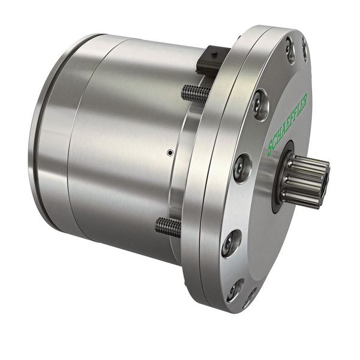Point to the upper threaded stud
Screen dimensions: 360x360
195,93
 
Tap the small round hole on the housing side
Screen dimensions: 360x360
170,153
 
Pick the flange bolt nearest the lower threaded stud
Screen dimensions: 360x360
232,241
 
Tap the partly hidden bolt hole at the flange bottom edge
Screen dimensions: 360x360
251,298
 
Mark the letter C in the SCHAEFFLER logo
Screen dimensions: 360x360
274,145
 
